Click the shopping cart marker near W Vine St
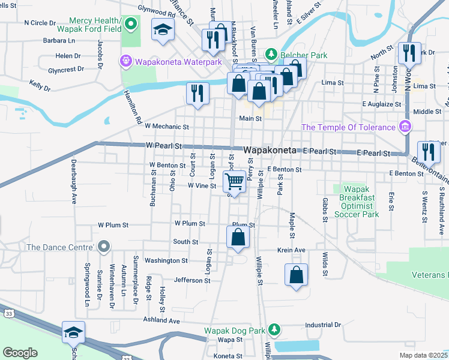pos(235,180)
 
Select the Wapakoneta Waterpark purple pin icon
pos(125,61)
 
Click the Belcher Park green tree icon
pos(271,55)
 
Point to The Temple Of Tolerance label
pos(348,127)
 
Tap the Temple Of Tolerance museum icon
pos(405,127)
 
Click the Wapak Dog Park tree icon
pos(274,329)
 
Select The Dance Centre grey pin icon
pos(104,247)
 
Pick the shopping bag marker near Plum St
pos(238,236)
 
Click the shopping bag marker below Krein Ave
pos(297,275)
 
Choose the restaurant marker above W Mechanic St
pos(197,92)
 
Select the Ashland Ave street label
pos(161,321)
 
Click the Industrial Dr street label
pos(322,325)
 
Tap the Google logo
pos(20,352)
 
